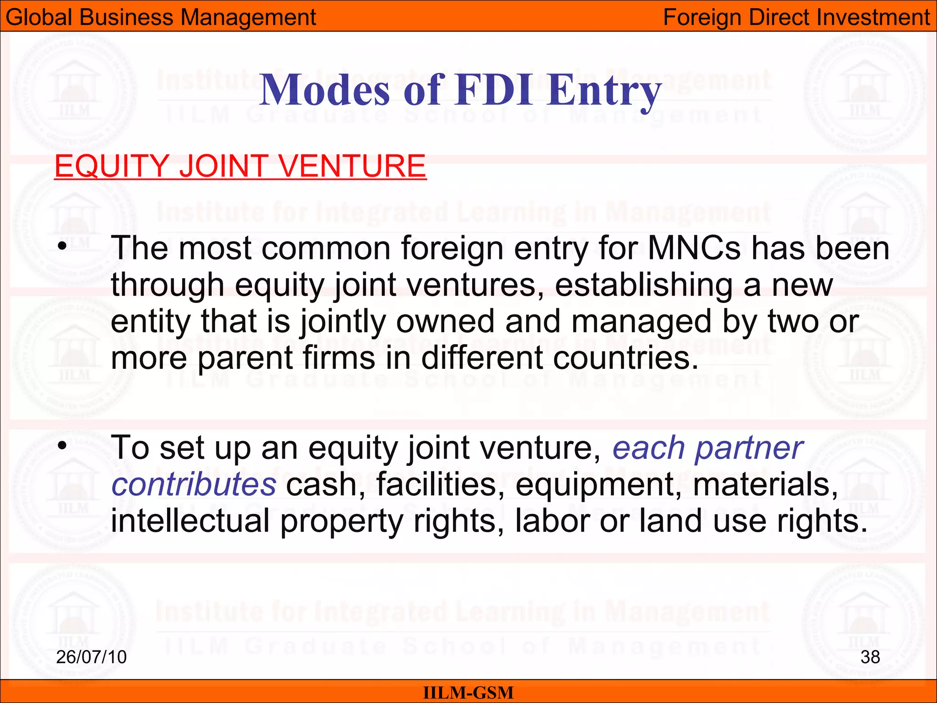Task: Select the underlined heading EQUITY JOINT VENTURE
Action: (240, 166)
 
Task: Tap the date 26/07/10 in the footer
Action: (92, 657)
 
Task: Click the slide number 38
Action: (870, 657)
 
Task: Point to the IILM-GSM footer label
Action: (468, 692)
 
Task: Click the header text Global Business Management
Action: (161, 17)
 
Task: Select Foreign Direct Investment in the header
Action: (796, 17)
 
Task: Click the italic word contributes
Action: (194, 484)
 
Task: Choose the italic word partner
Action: (749, 449)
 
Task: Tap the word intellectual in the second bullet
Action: (190, 521)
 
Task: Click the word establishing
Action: (643, 285)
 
